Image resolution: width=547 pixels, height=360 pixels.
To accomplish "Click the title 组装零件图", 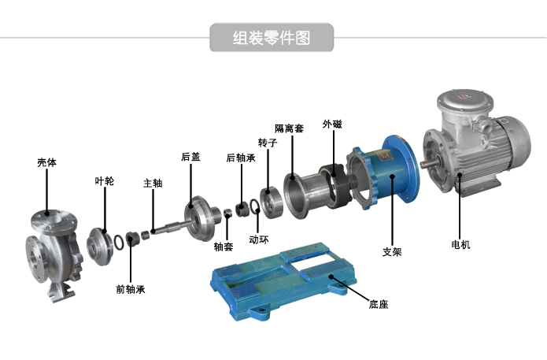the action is pyautogui.click(x=272, y=38).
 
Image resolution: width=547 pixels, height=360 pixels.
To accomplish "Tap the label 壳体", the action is pyautogui.click(x=46, y=162).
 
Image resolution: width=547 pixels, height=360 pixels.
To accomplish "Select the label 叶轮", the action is pyautogui.click(x=105, y=181).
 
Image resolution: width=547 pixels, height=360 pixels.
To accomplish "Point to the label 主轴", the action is pyautogui.click(x=153, y=183).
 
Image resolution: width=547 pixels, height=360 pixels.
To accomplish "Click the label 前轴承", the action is pyautogui.click(x=131, y=289).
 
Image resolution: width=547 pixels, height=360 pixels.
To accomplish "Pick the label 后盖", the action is pyautogui.click(x=190, y=157).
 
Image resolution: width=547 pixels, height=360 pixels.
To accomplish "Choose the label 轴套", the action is pyautogui.click(x=224, y=247).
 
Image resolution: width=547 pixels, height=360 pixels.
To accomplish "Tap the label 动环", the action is pyautogui.click(x=259, y=239).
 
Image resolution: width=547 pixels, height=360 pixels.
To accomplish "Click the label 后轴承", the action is pyautogui.click(x=241, y=158).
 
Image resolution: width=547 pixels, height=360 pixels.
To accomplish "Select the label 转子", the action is pyautogui.click(x=268, y=143).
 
